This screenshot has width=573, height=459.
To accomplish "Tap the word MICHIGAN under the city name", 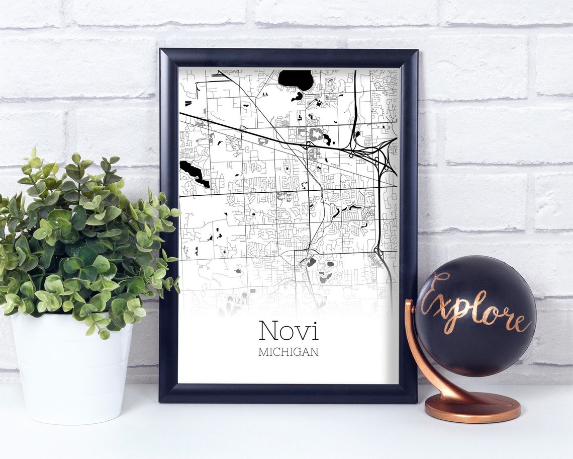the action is [x=289, y=352].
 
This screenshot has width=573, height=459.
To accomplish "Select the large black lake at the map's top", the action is [x=296, y=79].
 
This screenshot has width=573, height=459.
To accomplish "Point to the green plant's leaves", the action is [x=85, y=237].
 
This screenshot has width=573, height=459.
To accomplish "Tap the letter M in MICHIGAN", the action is [x=262, y=352].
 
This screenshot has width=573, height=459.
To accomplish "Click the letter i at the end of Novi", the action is [x=315, y=330].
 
